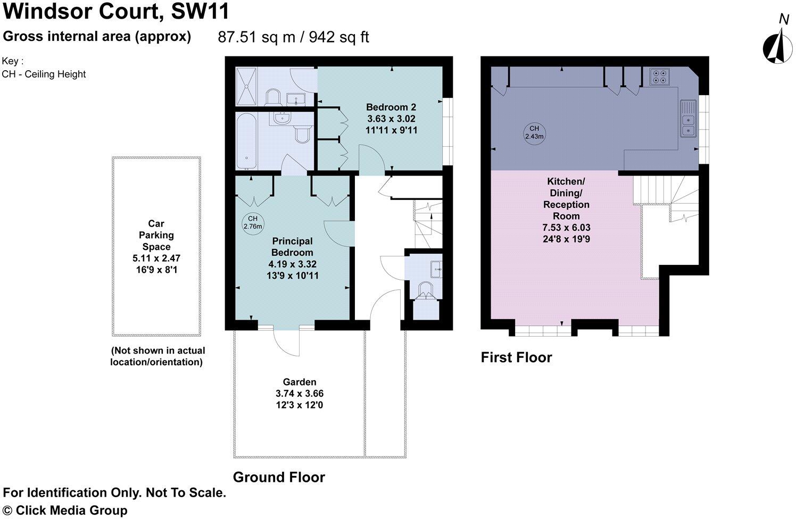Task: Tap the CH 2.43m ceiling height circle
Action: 534,132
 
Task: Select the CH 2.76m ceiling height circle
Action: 253,222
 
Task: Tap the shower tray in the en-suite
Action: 246,87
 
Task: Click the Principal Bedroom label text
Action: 292,247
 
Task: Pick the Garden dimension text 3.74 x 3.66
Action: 300,394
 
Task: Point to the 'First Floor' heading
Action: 516,357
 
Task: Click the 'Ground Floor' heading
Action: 279,477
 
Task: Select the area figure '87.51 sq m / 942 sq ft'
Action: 293,37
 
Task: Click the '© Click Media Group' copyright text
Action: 65,510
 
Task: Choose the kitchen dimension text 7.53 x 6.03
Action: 566,228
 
